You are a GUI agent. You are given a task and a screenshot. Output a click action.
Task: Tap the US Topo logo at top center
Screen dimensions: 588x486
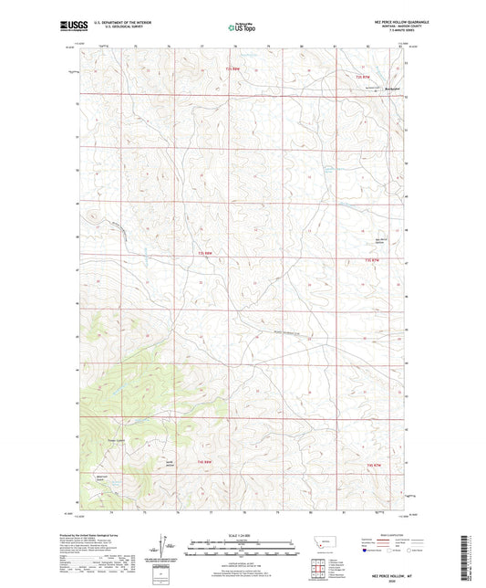point(242,27)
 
